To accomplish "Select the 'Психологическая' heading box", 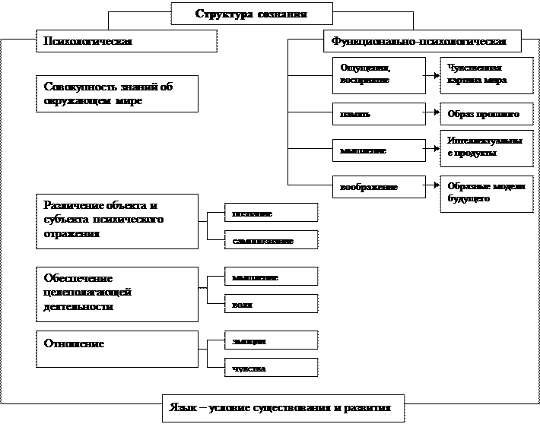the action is click(127, 41).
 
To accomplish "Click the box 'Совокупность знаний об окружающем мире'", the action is click(117, 93).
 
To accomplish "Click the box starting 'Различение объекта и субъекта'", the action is click(117, 220).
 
